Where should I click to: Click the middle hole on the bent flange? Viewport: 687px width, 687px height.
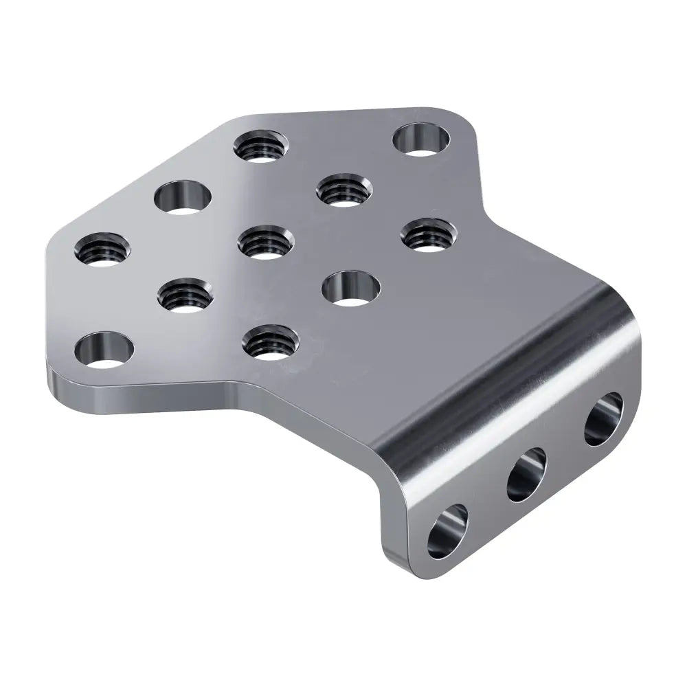[526, 474]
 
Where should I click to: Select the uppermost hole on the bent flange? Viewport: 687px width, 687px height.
[603, 419]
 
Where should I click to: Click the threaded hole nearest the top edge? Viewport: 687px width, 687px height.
[260, 145]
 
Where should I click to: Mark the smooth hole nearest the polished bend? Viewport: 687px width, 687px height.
[351, 288]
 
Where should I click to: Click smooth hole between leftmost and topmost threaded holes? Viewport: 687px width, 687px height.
[182, 196]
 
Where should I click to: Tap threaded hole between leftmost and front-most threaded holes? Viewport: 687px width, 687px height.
[185, 295]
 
